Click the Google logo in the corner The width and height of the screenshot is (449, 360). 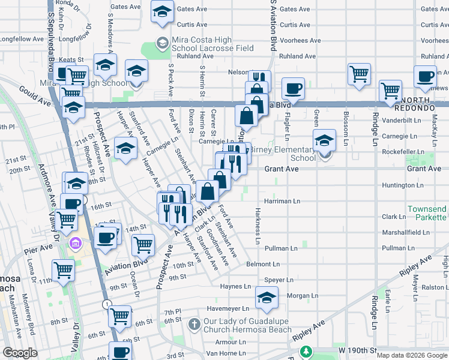(20, 353)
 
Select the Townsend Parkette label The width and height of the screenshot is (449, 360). (427, 213)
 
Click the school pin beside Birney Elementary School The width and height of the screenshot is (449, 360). (325, 142)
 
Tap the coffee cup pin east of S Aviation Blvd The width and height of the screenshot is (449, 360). (293, 89)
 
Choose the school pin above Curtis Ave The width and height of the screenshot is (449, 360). (161, 13)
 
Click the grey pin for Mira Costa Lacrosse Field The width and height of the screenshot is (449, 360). (161, 43)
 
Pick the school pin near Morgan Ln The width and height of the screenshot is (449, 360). (267, 297)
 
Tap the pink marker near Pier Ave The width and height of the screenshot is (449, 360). (76, 244)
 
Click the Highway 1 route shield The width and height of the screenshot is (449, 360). (106, 304)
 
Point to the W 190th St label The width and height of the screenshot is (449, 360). (357, 350)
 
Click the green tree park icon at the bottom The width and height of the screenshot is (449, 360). (307, 351)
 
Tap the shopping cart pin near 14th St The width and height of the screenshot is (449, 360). (143, 244)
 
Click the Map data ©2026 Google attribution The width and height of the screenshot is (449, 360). (412, 355)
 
